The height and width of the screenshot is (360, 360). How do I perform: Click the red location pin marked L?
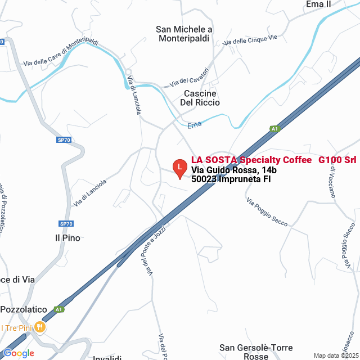[179, 168]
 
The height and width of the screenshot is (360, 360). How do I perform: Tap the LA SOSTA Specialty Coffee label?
[251, 160]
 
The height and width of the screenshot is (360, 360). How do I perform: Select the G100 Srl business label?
[337, 160]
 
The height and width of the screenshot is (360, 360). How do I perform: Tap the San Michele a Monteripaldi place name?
[184, 34]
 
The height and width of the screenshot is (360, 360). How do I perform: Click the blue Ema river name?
[194, 124]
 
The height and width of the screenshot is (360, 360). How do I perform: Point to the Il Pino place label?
[67, 238]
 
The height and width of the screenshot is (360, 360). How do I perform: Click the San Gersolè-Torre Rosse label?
[251, 352]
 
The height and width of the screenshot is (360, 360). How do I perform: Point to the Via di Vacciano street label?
[331, 181]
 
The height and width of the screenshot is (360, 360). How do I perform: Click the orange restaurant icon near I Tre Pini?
[39, 326]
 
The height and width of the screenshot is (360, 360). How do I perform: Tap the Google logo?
[18, 353]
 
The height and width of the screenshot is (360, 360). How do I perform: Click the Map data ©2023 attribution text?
[335, 355]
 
